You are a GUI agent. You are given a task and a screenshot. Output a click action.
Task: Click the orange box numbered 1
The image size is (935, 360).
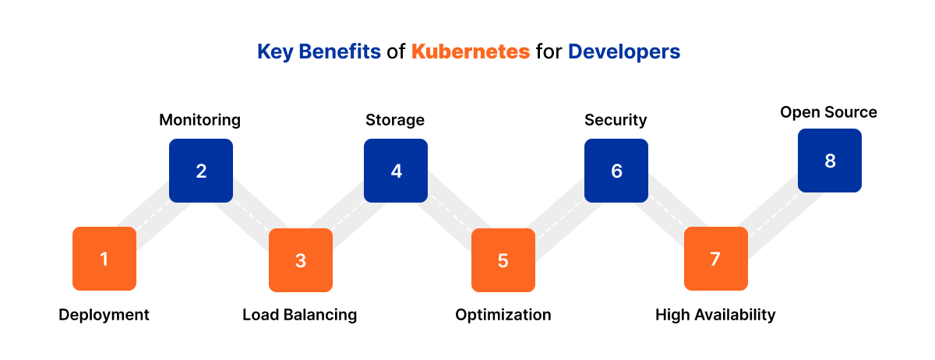click(104, 259)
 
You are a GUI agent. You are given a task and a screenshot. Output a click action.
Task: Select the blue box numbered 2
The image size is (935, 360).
click(201, 171)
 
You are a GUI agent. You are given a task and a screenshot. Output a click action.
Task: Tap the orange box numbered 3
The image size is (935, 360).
click(301, 260)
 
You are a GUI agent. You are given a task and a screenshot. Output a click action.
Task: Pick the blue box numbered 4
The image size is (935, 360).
click(396, 171)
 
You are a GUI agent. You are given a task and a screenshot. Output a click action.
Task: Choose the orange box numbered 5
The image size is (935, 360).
click(503, 260)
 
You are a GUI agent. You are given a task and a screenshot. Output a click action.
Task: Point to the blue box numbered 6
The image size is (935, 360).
click(616, 171)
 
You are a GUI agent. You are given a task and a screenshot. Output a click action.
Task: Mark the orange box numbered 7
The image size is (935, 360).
click(715, 259)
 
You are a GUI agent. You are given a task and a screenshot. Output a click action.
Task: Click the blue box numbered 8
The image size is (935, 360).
click(830, 161)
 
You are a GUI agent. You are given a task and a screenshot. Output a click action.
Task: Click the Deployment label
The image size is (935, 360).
click(104, 315)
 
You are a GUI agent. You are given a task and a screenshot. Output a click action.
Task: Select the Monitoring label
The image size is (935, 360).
click(199, 120)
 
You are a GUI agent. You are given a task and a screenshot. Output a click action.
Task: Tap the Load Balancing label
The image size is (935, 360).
click(299, 315)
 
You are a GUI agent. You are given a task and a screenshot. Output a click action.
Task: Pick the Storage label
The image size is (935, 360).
click(395, 120)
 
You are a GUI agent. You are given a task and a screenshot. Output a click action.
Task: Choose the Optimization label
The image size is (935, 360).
click(503, 315)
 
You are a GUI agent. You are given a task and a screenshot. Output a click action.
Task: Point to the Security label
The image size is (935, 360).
click(616, 120)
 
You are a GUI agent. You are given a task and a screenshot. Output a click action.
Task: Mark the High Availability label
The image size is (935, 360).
click(715, 315)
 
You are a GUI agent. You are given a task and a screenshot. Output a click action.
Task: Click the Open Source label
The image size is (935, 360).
click(828, 112)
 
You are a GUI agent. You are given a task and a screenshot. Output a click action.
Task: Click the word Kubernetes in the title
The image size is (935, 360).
click(471, 52)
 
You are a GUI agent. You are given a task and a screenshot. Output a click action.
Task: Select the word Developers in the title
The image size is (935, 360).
click(624, 52)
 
